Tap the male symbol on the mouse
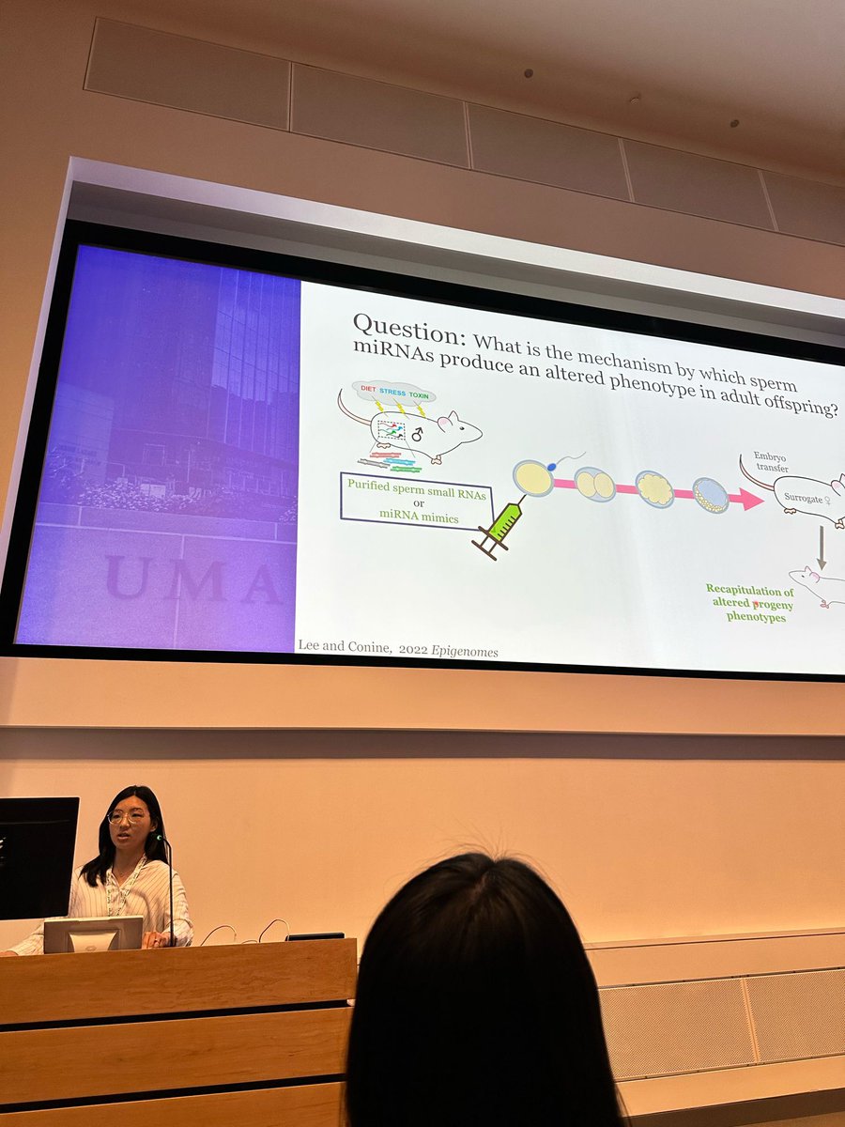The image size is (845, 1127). pyautogui.click(x=416, y=435)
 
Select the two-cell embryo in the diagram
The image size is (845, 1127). pyautogui.click(x=594, y=484)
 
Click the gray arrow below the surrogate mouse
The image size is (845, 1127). pyautogui.click(x=822, y=546)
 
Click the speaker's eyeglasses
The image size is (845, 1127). pyautogui.click(x=128, y=817)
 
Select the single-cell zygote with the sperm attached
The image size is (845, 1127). pyautogui.click(x=533, y=478)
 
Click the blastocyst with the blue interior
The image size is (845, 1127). pyautogui.click(x=712, y=496)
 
